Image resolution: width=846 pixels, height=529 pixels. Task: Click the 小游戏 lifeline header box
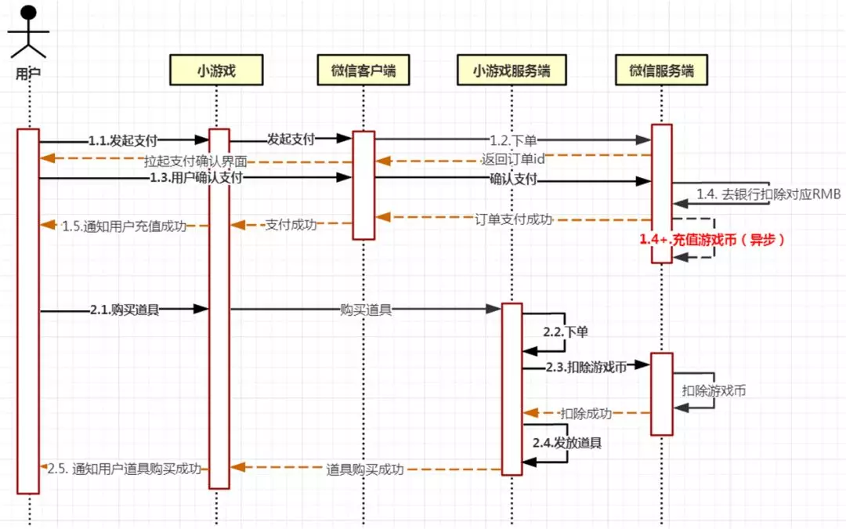216,71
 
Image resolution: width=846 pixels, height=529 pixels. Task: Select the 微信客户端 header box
363,71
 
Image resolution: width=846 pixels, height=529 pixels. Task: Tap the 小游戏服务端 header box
512,71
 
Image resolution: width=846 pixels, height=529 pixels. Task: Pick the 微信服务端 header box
661,71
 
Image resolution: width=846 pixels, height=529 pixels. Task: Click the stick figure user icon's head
29,13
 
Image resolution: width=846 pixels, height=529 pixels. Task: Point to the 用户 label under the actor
28,74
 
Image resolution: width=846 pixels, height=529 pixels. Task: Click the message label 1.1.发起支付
123,141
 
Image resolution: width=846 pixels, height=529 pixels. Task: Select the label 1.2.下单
513,141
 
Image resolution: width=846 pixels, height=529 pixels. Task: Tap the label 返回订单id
513,159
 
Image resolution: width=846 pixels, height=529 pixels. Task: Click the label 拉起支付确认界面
195,161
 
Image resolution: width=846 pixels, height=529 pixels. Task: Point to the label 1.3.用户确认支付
196,178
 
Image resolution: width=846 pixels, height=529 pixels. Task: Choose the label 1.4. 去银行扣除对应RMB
768,194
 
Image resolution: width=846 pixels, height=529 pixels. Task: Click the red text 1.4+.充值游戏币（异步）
712,240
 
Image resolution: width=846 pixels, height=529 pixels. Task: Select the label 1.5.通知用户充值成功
124,226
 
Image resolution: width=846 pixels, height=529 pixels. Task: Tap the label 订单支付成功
514,219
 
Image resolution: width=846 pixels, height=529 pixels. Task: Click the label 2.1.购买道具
125,310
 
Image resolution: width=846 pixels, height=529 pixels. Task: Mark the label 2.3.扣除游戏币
586,367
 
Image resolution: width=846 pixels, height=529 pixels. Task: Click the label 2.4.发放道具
567,443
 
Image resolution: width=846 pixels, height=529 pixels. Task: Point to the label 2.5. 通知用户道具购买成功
124,469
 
